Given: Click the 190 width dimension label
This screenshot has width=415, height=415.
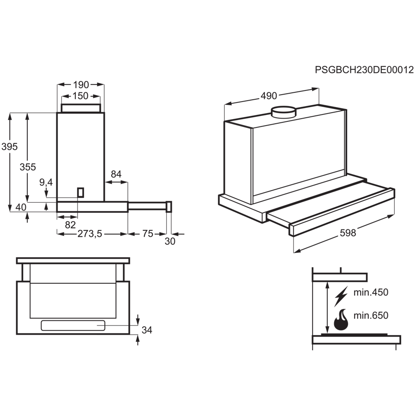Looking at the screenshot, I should coord(81,84).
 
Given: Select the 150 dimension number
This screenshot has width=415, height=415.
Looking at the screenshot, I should coord(81,96).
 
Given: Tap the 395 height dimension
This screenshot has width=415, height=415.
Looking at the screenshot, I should coord(9,147).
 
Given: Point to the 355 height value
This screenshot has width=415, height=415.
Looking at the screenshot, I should coord(28,167).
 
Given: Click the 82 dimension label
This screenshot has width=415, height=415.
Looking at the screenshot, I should coord(70,225).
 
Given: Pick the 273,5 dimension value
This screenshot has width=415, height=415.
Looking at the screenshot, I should coord(89,235).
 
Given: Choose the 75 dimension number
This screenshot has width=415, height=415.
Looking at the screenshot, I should coord(148,235).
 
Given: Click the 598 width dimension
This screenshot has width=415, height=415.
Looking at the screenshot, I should coord(347,233).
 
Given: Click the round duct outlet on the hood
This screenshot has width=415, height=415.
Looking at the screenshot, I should coord(283,112).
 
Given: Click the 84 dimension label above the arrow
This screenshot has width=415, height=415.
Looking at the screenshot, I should coord(116,174).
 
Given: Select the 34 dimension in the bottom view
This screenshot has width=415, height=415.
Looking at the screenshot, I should coord(146,330).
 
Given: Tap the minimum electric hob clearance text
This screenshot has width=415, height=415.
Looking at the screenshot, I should coord(371,292).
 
